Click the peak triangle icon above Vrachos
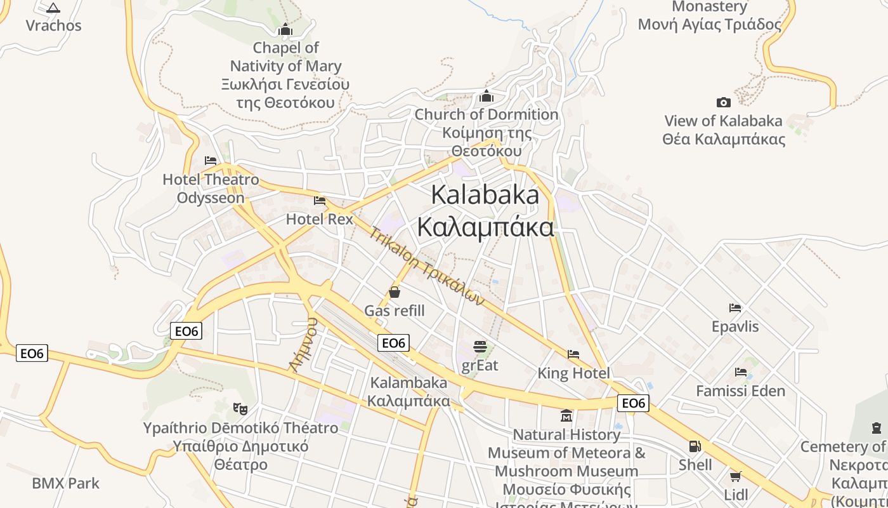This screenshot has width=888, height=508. [x=53, y=8]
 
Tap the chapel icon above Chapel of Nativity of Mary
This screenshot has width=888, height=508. [x=285, y=30]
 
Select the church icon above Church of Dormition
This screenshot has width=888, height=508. [x=486, y=97]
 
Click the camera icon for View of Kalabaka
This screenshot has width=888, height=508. [x=723, y=102]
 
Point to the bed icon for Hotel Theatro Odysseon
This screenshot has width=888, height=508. [x=211, y=161]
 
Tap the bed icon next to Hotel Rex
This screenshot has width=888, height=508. [x=320, y=201]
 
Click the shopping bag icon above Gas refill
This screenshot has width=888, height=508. [x=395, y=292]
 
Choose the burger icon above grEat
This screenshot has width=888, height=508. [x=480, y=347]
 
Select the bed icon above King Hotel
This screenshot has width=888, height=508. [x=573, y=354]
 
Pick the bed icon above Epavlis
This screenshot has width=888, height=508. [x=735, y=308]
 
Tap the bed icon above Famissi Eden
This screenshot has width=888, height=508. [x=740, y=372]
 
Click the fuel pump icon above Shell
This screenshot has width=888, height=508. [x=695, y=446]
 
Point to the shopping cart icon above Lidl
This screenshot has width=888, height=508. [x=736, y=476]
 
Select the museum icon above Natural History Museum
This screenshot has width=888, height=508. [x=566, y=416]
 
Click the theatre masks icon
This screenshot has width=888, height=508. [x=240, y=408]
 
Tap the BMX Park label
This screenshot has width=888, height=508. [x=66, y=483]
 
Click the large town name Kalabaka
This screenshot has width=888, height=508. [x=485, y=195]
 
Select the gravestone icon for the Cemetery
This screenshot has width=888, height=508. [x=877, y=428]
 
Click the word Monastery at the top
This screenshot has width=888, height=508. [x=710, y=7]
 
